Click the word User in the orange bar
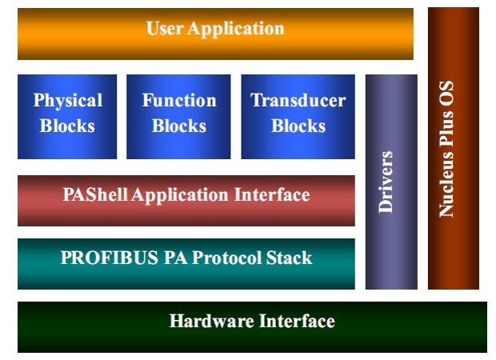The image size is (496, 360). (165, 29)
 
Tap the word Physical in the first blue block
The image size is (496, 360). (67, 101)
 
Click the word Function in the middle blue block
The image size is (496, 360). (179, 101)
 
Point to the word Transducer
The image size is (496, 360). (298, 101)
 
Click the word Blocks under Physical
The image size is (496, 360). (67, 126)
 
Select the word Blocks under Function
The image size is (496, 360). (179, 126)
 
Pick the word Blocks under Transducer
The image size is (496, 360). (298, 126)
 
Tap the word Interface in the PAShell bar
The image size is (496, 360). (272, 194)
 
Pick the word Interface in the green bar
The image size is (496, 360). (297, 322)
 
